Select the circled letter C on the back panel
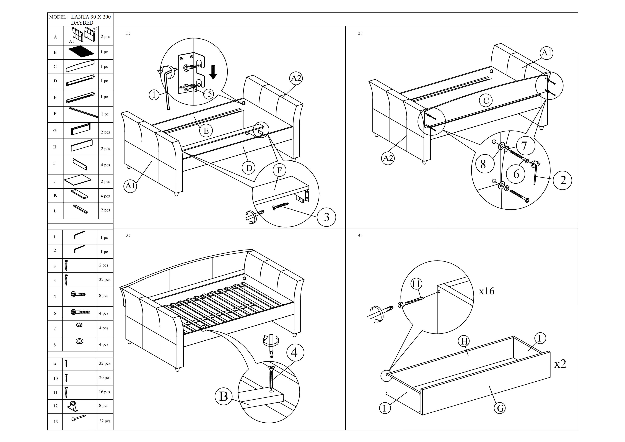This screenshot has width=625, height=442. tap(486, 101)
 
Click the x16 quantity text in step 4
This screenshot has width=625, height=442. tap(486, 291)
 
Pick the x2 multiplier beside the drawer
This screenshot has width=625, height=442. tap(560, 364)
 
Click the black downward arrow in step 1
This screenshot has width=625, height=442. tap(213, 72)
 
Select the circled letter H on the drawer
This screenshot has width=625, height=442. tap(464, 341)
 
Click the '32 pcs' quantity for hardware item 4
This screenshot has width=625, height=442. tap(105, 279)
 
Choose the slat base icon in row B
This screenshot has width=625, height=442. tap(81, 52)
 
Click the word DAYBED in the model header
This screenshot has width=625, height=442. tap(82, 23)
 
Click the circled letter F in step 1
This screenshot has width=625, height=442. tap(279, 171)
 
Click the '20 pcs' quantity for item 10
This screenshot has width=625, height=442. tap(105, 378)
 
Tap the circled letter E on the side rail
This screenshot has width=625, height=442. tap(206, 131)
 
